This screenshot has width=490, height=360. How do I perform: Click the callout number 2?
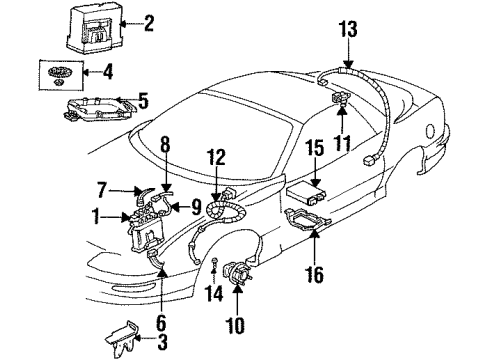150,22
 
